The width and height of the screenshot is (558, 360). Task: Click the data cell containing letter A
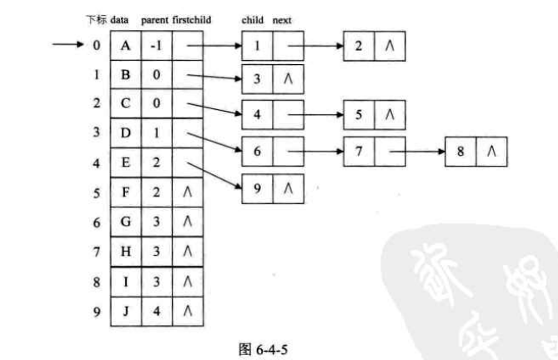(125, 46)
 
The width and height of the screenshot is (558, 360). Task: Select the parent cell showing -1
(156, 46)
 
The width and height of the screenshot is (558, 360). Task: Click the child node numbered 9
(258, 188)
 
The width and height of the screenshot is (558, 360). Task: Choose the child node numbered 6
(258, 152)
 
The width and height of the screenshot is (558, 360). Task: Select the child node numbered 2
(358, 46)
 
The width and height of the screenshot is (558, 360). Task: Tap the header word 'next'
(281, 18)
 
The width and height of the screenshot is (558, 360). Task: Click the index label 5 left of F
(97, 193)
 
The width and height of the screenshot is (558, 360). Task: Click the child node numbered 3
(258, 80)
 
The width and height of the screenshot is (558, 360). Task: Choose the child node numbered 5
(358, 115)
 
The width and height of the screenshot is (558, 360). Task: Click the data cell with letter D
(125, 133)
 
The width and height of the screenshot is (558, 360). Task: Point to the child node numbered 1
(258, 46)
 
